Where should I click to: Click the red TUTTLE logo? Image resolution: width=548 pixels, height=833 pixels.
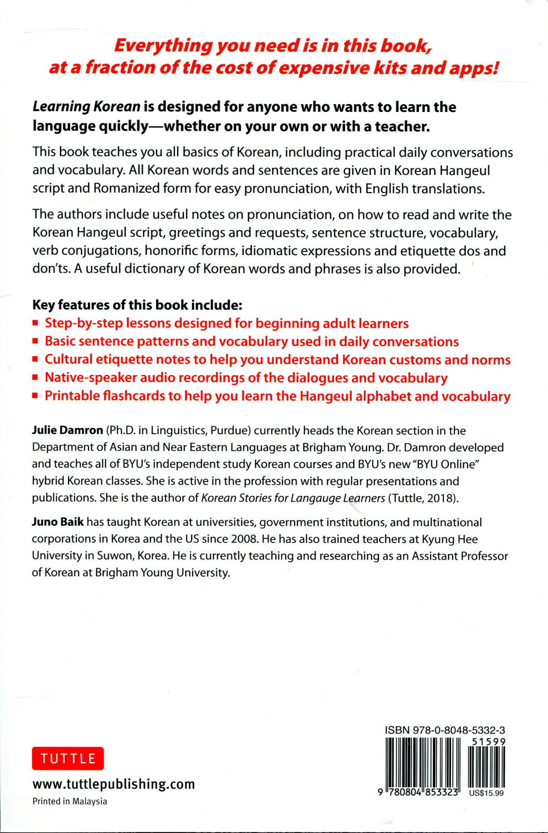(68, 759)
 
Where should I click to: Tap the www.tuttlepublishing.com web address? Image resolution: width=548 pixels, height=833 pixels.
(113, 784)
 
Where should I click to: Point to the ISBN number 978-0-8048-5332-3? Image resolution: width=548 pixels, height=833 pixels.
(445, 730)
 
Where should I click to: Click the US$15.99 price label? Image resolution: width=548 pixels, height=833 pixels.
(486, 793)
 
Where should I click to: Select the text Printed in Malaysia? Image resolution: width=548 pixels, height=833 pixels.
(70, 801)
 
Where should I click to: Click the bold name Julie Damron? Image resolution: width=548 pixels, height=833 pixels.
(68, 431)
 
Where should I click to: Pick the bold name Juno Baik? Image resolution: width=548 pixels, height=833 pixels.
(58, 522)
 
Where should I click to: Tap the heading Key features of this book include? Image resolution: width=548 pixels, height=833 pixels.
(137, 305)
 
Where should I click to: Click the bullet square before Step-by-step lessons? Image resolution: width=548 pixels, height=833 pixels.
(35, 323)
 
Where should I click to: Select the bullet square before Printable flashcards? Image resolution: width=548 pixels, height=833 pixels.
(35, 396)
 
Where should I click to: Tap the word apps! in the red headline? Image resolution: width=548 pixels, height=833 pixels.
(474, 68)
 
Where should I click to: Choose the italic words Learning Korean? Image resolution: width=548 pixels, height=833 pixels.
(86, 107)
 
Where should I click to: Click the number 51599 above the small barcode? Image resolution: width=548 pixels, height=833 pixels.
(488, 741)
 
